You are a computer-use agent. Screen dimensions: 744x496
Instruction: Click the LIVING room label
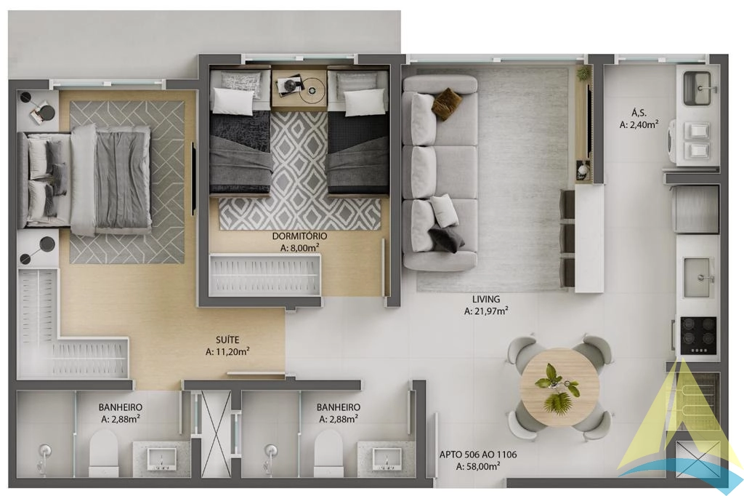pyautogui.click(x=486, y=300)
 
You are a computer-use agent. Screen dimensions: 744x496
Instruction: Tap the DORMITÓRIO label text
pyautogui.click(x=299, y=236)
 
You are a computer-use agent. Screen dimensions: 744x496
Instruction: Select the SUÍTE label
pyautogui.click(x=227, y=340)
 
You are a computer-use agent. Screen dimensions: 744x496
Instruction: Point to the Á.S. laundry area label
pyautogui.click(x=639, y=113)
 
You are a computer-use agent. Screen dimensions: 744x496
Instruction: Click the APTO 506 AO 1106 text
pyautogui.click(x=478, y=455)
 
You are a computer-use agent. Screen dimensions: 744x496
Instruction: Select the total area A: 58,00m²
pyautogui.click(x=478, y=466)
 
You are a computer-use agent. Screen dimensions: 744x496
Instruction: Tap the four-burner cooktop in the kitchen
pyautogui.click(x=698, y=335)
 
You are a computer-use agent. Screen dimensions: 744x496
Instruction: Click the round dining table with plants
pyautogui.click(x=560, y=387)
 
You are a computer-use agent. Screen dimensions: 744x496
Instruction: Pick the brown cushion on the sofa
pyautogui.click(x=447, y=103)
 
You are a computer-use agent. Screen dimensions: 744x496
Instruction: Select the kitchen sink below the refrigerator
pyautogui.click(x=698, y=278)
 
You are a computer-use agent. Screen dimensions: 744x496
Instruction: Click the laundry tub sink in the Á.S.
pyautogui.click(x=697, y=88)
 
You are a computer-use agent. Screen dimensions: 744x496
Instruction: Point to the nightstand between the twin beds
pyautogui.click(x=299, y=89)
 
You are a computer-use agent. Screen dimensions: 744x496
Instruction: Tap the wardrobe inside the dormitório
pyautogui.click(x=265, y=276)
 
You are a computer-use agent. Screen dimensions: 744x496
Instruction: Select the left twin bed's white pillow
pyautogui.click(x=233, y=101)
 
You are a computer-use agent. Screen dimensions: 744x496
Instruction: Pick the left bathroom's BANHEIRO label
pyautogui.click(x=121, y=407)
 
